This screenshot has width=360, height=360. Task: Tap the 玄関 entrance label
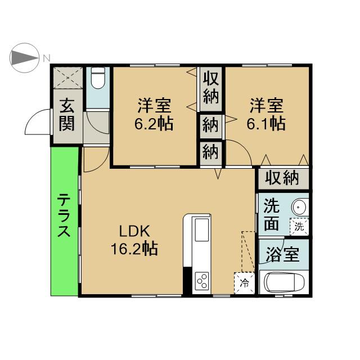tap(67, 115)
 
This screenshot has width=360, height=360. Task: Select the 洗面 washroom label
tap(271, 215)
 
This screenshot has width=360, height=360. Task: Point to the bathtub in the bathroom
tap(284, 282)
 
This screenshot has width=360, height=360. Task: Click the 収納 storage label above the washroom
tap(282, 178)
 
